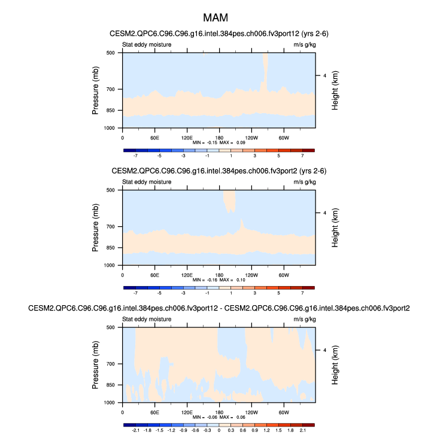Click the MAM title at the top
pyautogui.click(x=218, y=19)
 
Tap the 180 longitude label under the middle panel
pyautogui.click(x=219, y=275)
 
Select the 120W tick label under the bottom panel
pyautogui.click(x=251, y=412)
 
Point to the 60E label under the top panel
pyautogui.click(x=154, y=138)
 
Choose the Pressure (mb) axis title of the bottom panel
pyautogui.click(x=96, y=365)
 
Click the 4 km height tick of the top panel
pyautogui.click(x=324, y=75)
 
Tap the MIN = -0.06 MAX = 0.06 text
pyautogui.click(x=218, y=418)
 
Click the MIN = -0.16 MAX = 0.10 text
pyautogui.click(x=218, y=280)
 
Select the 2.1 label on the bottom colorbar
pyautogui.click(x=302, y=430)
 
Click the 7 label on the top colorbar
pyautogui.click(x=302, y=156)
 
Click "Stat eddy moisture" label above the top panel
pyautogui.click(x=147, y=45)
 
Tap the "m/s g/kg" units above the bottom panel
pyautogui.click(x=304, y=320)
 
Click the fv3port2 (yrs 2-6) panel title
pyautogui.click(x=218, y=171)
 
